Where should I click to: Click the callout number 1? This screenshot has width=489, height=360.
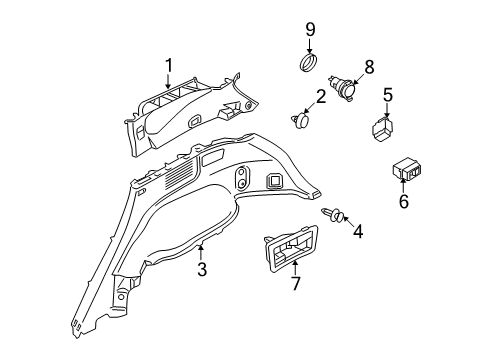(169, 66)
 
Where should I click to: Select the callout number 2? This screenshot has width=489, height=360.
(322, 97)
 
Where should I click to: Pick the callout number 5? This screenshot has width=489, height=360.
(389, 97)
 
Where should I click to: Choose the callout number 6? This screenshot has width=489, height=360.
(404, 201)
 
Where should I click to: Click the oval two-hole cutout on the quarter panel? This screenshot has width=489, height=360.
(242, 179)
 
